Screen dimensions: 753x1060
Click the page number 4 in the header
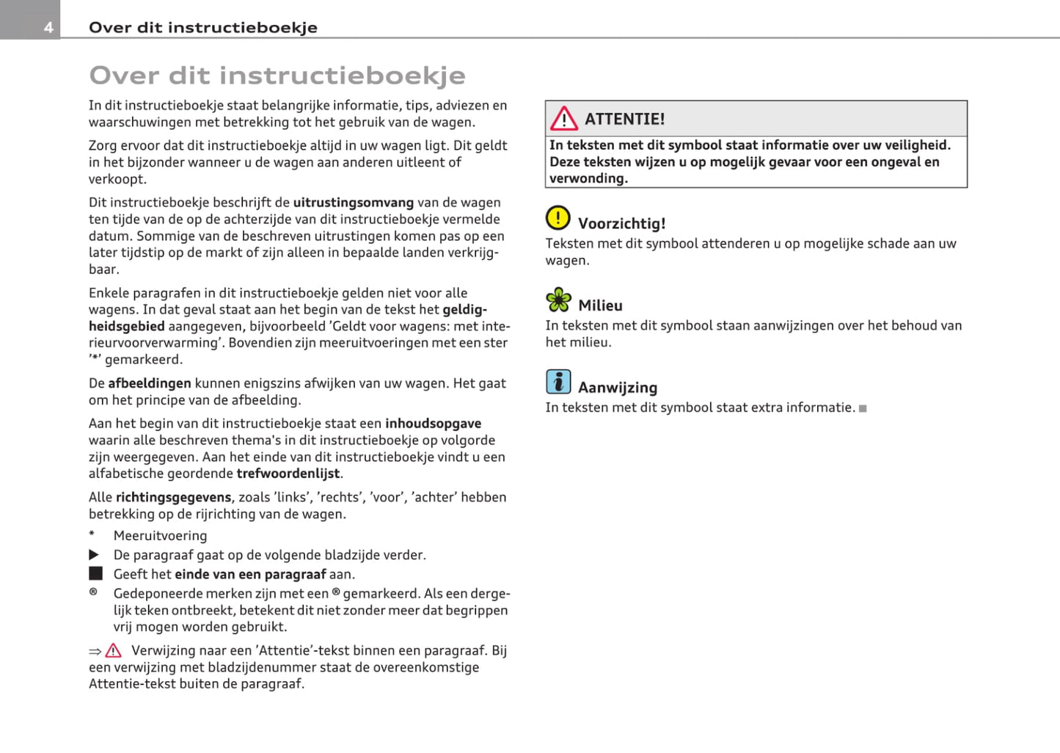click(48, 28)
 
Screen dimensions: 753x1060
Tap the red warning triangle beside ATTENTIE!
click(563, 118)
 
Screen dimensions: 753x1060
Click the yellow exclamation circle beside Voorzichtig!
click(558, 218)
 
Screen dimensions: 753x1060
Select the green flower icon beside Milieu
click(558, 299)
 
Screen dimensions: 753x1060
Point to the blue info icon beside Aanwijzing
click(558, 382)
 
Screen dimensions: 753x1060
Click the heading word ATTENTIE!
click(624, 119)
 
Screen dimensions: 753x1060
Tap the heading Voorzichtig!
click(621, 224)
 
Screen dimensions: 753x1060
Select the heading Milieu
click(600, 305)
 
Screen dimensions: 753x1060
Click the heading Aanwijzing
click(617, 388)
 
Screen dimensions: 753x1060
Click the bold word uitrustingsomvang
click(354, 203)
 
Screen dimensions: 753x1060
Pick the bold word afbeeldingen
click(150, 383)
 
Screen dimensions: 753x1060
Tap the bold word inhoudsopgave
click(433, 423)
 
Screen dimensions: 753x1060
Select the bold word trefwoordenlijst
click(288, 473)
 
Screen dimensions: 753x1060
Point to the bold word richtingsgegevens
click(173, 497)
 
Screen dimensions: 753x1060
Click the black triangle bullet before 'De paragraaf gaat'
click(94, 555)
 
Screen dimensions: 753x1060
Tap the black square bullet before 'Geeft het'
click(95, 573)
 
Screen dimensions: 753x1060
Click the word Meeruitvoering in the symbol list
click(160, 536)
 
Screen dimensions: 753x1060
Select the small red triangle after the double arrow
click(113, 651)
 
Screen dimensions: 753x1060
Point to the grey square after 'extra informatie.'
click(863, 408)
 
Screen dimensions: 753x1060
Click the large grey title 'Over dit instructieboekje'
click(277, 75)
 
